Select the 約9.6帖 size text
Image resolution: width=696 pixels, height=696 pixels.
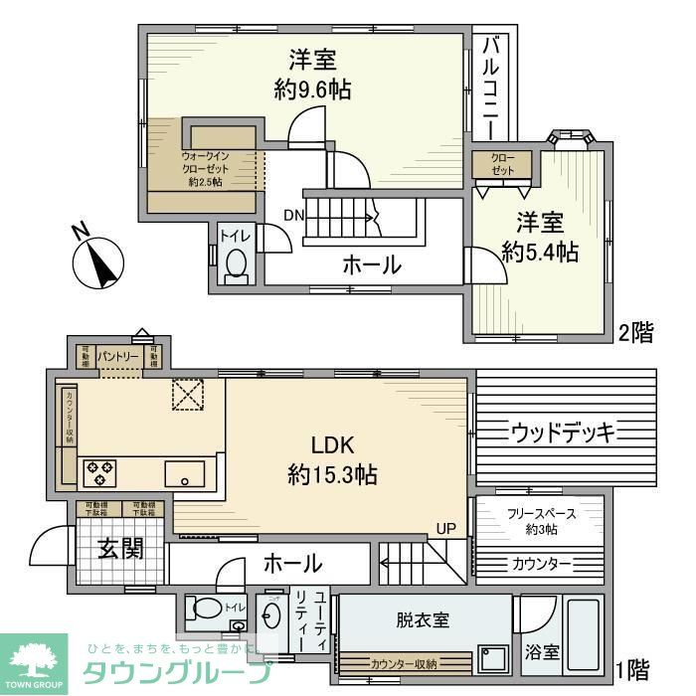coord(312,89)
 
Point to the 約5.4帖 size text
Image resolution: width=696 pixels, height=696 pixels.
coord(539,252)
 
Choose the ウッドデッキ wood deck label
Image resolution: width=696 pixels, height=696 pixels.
coord(564,432)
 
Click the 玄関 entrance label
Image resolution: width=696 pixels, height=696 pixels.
coord(120,549)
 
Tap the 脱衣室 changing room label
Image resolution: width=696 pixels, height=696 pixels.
coord(422,619)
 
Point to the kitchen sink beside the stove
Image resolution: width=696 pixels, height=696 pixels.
coord(184,474)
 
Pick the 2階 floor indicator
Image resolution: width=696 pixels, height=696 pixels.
coord(636,332)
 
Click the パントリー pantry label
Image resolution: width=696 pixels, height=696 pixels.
coord(117,356)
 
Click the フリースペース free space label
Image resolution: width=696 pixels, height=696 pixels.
coord(540,514)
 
